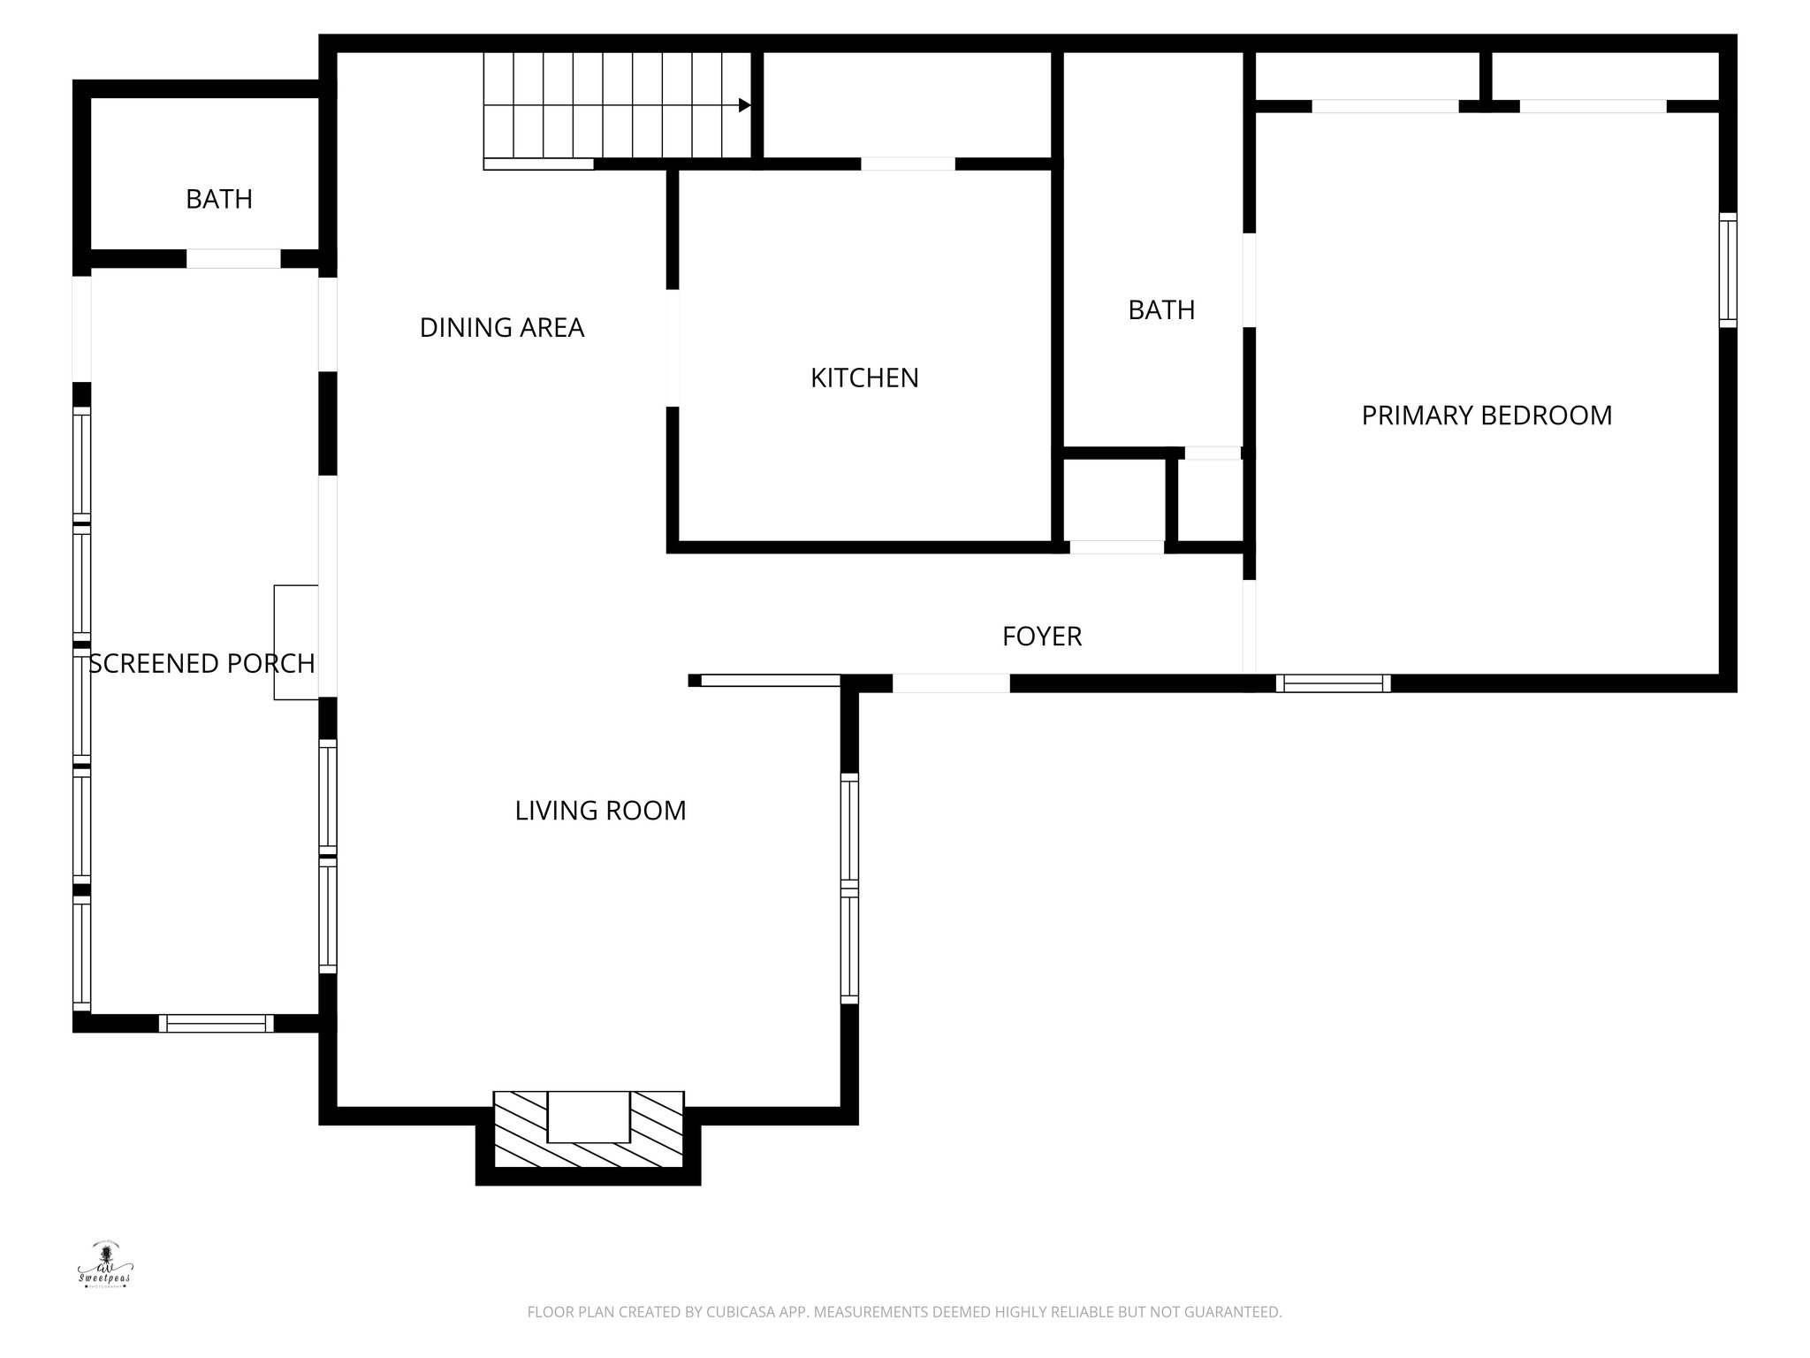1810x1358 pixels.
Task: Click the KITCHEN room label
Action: [864, 378]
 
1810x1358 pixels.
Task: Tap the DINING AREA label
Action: [501, 327]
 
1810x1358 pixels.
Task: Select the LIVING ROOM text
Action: [600, 810]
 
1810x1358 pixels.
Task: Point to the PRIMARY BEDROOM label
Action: [1487, 415]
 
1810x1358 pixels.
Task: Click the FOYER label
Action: [1041, 636]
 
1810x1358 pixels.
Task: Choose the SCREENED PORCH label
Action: [202, 663]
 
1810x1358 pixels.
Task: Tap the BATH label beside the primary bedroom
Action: [1161, 309]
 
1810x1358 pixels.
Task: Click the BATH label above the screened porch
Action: [218, 199]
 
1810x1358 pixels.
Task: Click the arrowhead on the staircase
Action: [745, 105]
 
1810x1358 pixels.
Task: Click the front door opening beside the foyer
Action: [951, 683]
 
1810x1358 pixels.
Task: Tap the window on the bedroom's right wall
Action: [1728, 270]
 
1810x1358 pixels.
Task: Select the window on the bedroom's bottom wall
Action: [1333, 683]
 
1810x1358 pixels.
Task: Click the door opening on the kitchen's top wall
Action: [908, 164]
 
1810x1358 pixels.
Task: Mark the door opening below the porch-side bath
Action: [233, 259]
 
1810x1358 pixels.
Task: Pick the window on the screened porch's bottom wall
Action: [216, 1023]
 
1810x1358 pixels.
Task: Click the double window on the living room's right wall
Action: [849, 888]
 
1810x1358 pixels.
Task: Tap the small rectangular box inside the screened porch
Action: [295, 642]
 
